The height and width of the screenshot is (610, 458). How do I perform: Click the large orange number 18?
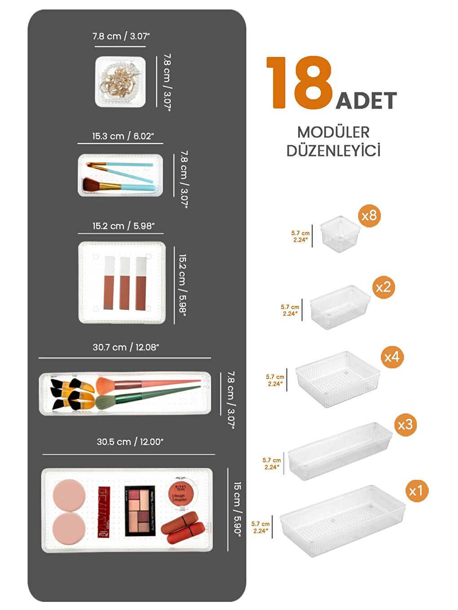tap(299, 83)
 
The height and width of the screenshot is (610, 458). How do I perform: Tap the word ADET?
tap(366, 100)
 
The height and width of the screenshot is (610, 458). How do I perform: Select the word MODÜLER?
tap(333, 132)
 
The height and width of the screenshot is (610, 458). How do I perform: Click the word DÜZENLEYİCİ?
tap(333, 151)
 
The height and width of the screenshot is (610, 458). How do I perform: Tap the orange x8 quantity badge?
tap(369, 216)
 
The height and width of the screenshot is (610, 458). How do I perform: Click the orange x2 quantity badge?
tap(383, 287)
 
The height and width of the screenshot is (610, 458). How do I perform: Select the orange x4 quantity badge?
tap(392, 357)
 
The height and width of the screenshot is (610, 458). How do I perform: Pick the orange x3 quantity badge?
tap(405, 424)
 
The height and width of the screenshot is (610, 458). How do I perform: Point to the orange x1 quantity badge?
tap(416, 491)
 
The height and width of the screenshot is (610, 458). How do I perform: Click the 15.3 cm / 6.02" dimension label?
tap(123, 136)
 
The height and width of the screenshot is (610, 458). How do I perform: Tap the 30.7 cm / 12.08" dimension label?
tap(126, 347)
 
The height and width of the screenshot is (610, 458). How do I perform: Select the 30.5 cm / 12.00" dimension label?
tap(130, 442)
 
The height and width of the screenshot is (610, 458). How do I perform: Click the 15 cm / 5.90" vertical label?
tap(237, 509)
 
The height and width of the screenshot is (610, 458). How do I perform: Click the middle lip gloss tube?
tap(125, 283)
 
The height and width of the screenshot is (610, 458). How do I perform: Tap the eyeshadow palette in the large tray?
tap(140, 510)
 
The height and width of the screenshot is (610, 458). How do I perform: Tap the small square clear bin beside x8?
tap(340, 234)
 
